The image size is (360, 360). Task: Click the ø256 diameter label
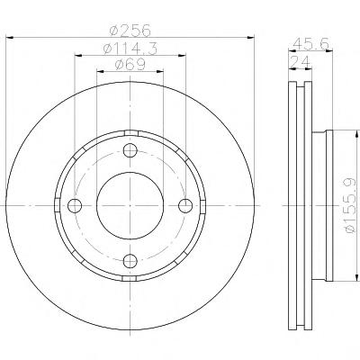(130, 31)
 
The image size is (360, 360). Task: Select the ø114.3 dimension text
(130, 49)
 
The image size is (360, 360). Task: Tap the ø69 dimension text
(130, 65)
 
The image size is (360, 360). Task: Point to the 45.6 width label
(310, 44)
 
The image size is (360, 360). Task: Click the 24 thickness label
(300, 62)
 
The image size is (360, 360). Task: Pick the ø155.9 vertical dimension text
(351, 206)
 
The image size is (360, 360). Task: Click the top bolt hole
(130, 150)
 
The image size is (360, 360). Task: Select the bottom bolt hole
(130, 260)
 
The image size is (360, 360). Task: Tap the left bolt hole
(75, 205)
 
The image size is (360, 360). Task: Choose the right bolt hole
(185, 205)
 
